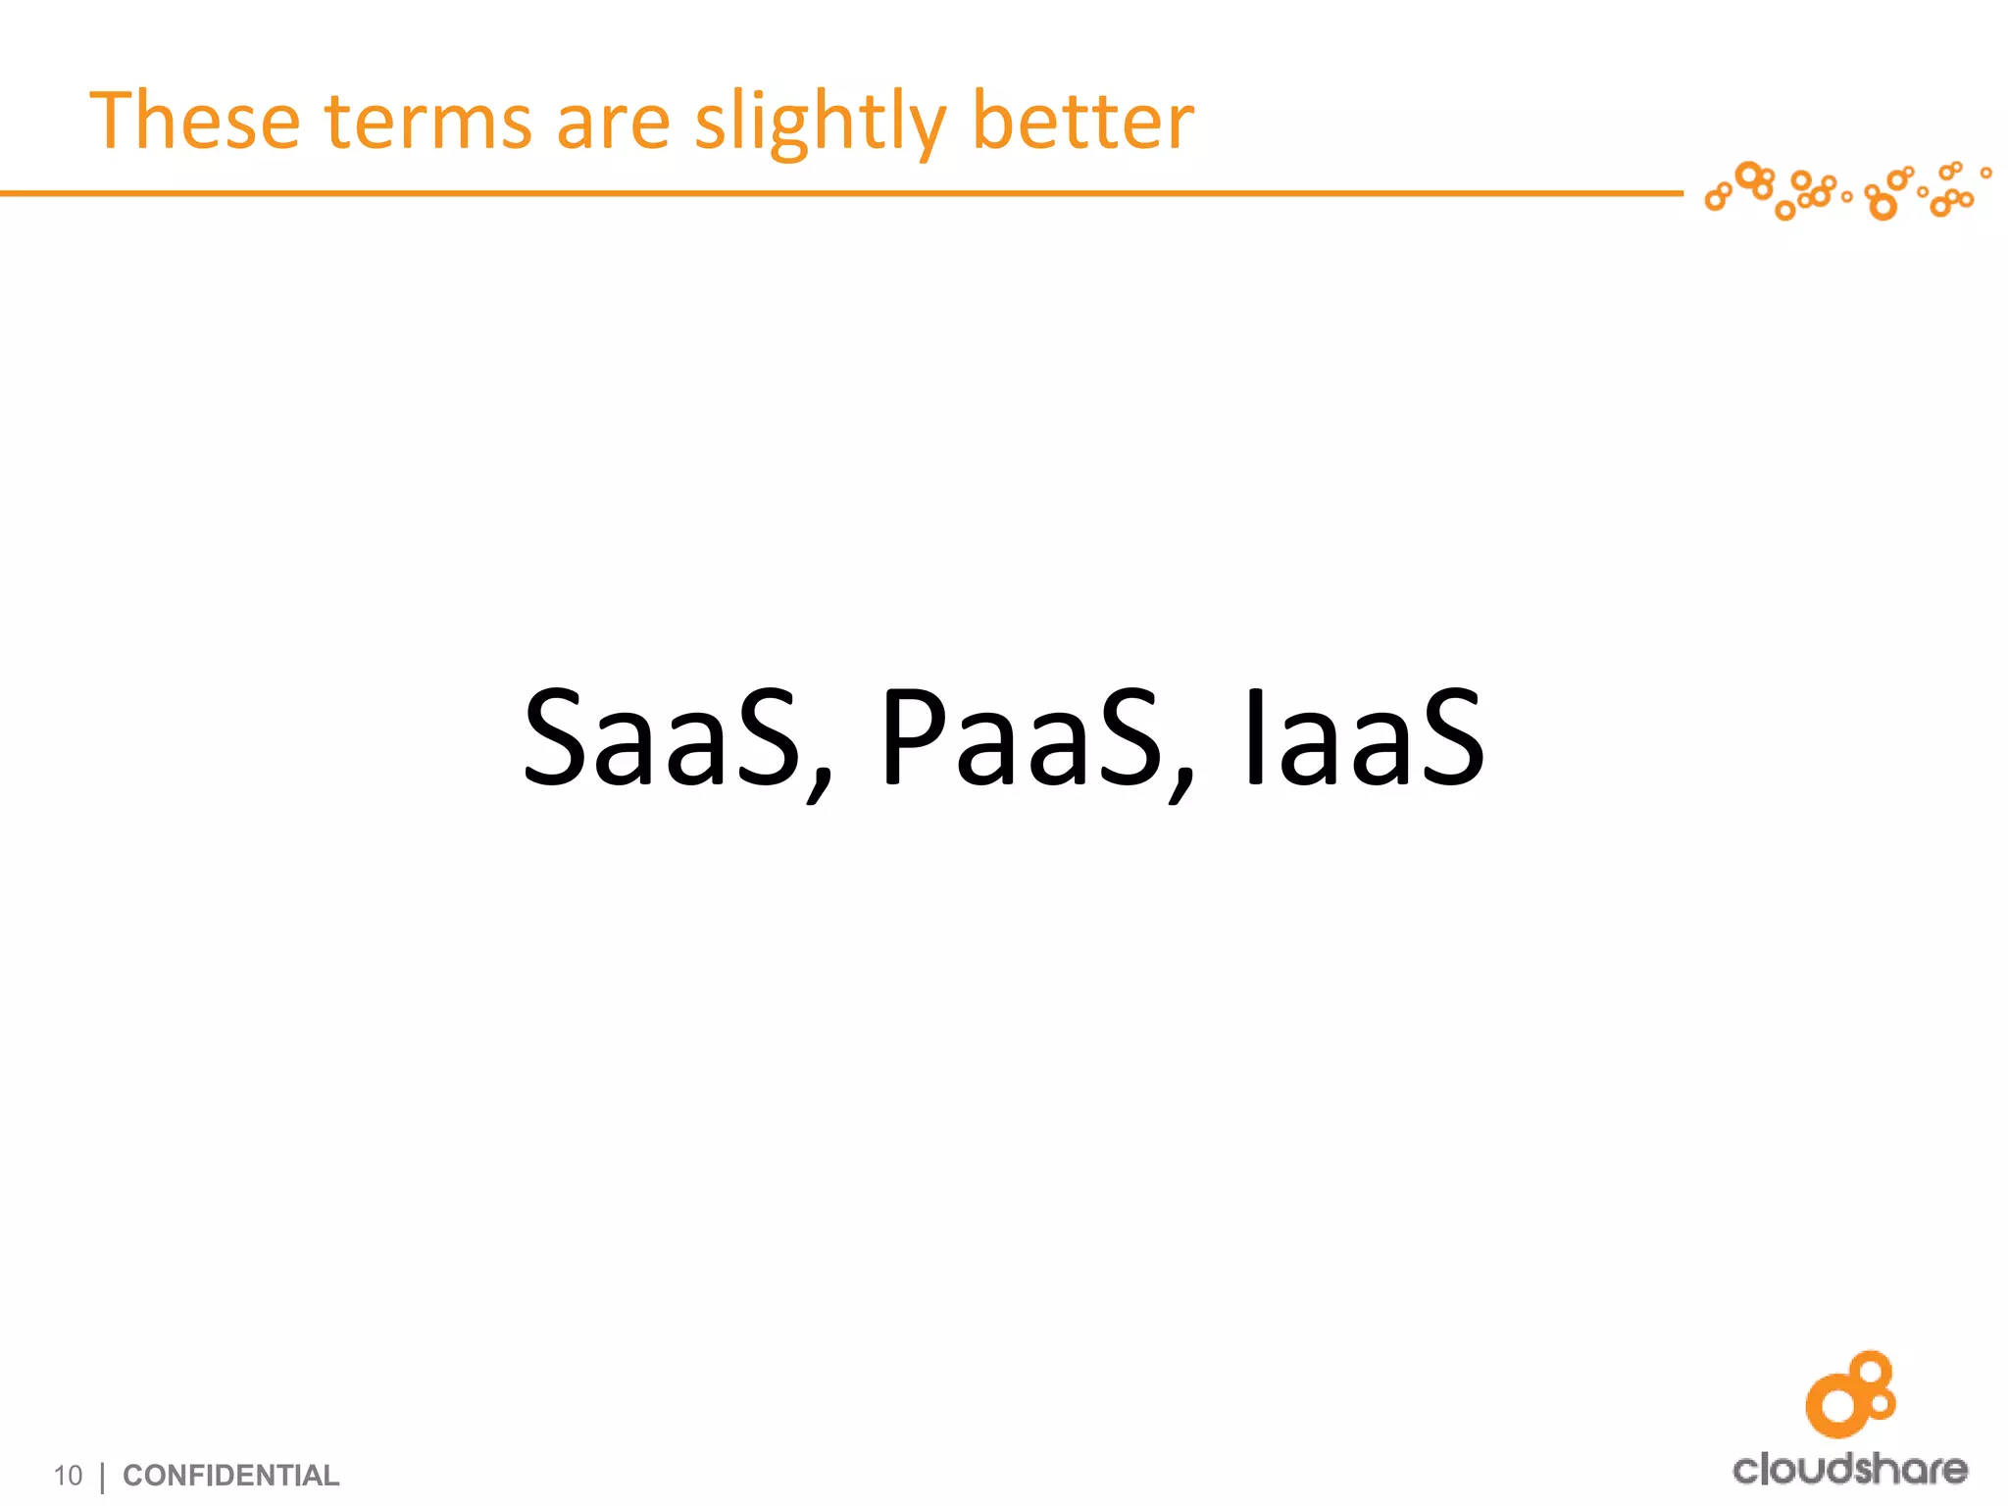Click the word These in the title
point(194,122)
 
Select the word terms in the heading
point(427,122)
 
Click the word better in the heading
point(1081,122)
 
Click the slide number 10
point(68,1475)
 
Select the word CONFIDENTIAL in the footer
point(230,1475)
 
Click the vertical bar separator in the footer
point(103,1477)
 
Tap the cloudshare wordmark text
point(1849,1469)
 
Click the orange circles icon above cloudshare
point(1849,1394)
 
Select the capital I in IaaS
point(1254,737)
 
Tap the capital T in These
point(117,120)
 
